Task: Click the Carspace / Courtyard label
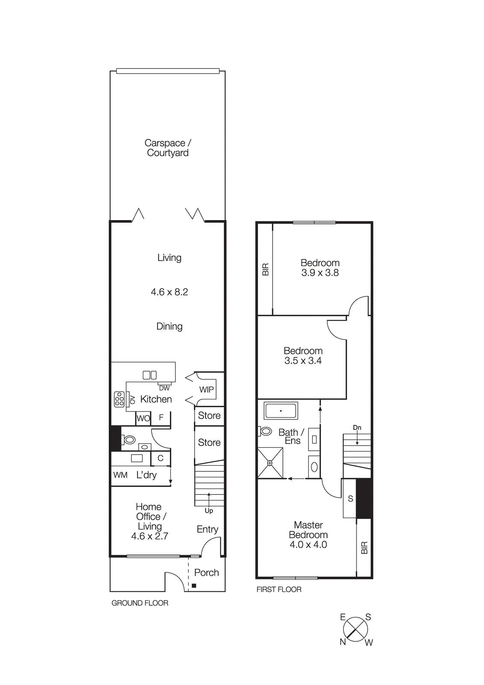coord(168,148)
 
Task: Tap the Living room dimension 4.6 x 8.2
coord(169,292)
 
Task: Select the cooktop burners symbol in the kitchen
coord(119,399)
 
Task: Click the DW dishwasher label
coord(164,388)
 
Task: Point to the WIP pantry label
coord(206,390)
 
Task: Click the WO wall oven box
coord(143,418)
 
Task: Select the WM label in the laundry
coord(120,475)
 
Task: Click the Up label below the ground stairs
coord(209,511)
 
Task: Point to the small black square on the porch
coord(194,585)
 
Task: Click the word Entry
coord(208,529)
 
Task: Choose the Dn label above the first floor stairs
coord(357,428)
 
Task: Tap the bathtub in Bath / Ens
coord(281,411)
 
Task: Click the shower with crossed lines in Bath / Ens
coord(270,463)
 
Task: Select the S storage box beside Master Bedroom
coord(350,498)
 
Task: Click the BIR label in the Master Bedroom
coord(364,548)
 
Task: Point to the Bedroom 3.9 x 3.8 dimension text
coord(320,273)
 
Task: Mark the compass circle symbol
coord(355,629)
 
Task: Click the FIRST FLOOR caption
coord(279,590)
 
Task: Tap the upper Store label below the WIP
coord(209,416)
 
